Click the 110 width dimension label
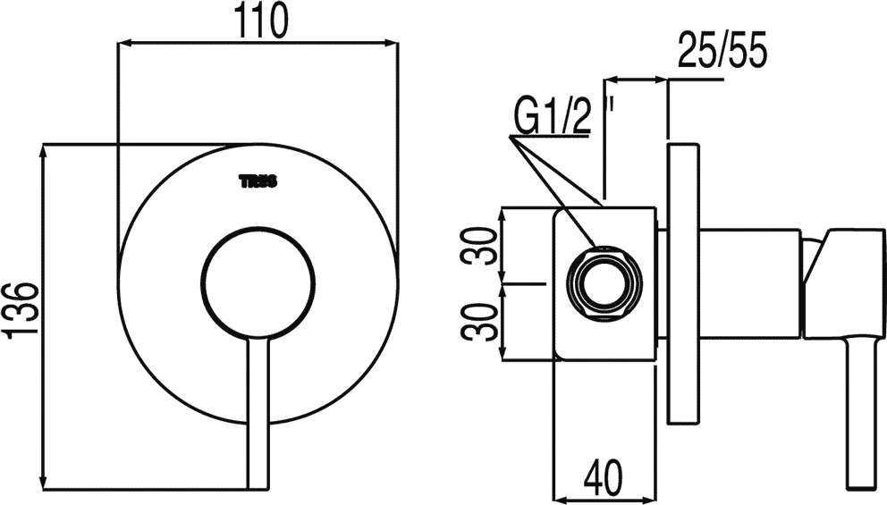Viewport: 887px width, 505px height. [x=261, y=22]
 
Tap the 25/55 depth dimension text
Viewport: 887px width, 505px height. [x=722, y=50]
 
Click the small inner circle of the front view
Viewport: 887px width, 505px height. [x=258, y=282]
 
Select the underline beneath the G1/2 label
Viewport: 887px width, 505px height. [x=549, y=135]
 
